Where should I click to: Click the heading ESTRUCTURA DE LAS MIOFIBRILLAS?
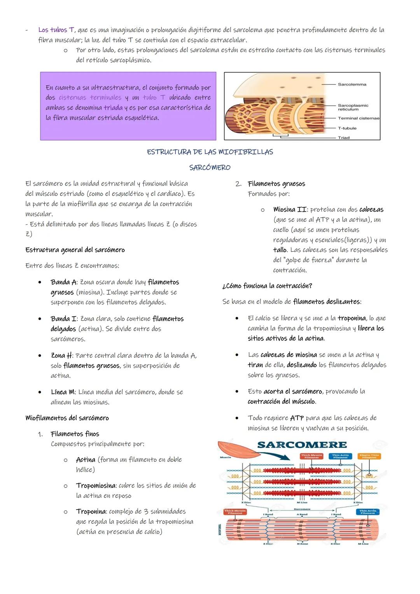click(210, 152)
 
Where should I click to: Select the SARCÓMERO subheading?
click(210, 168)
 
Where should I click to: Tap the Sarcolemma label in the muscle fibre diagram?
click(352, 84)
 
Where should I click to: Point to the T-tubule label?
click(347, 128)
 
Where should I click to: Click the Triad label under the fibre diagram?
click(343, 138)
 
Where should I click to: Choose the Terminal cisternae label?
click(358, 118)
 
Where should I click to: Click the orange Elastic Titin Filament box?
click(369, 456)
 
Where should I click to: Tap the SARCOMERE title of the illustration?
click(302, 445)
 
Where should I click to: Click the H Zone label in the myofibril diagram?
click(302, 543)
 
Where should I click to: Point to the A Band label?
click(302, 514)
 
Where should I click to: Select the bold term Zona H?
click(61, 355)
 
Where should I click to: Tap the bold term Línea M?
click(63, 392)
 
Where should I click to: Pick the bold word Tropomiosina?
click(96, 485)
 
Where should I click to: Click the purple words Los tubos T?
click(56, 30)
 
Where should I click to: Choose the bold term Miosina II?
click(290, 209)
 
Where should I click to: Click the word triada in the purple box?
click(113, 107)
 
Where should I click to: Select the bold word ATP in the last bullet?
click(297, 418)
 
